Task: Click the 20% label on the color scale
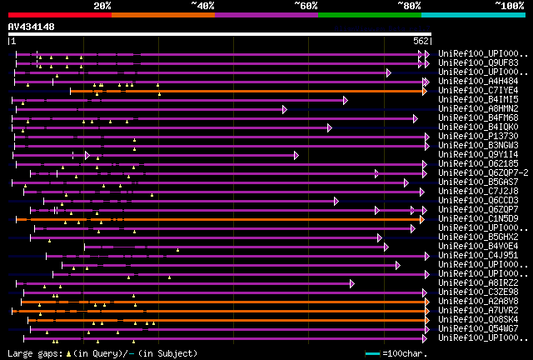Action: pos(102,5)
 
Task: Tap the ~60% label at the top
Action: pos(306,5)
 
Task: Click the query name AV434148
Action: pos(32,27)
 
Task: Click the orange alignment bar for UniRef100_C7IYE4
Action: pos(250,91)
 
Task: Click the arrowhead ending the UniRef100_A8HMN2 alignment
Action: pos(284,109)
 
